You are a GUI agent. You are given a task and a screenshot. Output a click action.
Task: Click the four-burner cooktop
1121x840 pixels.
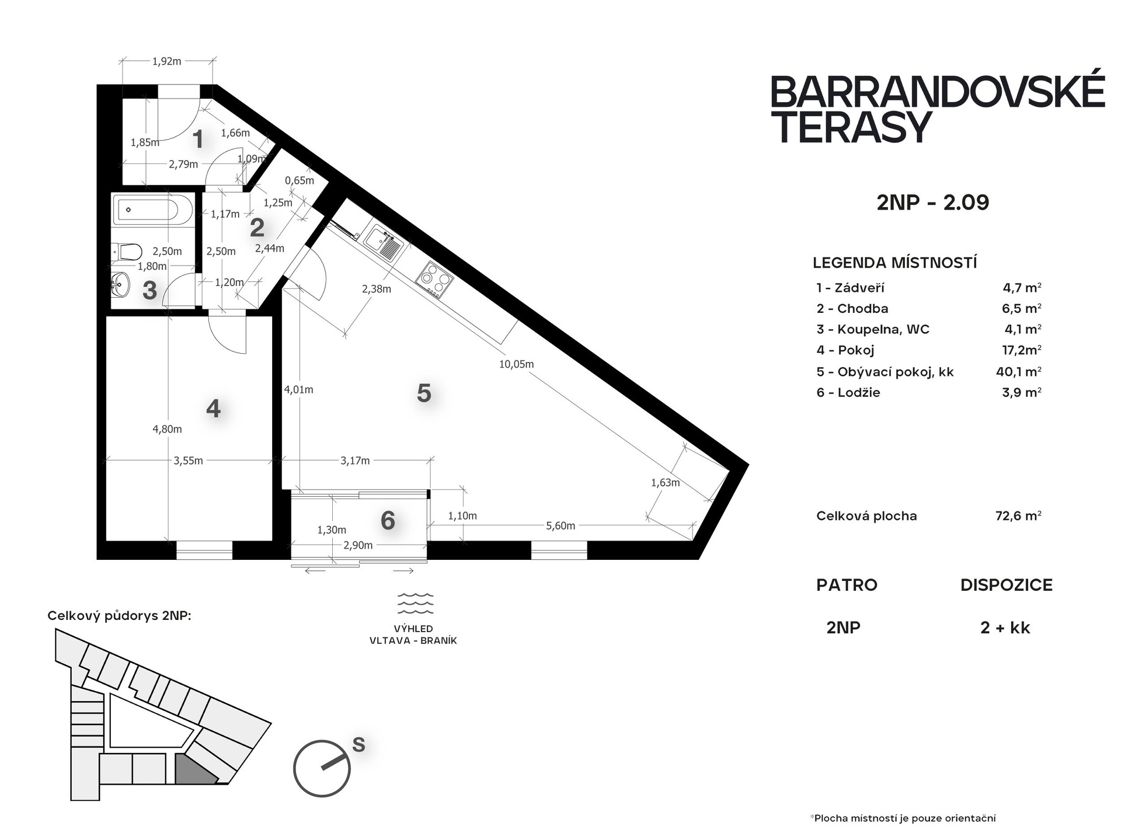click(x=434, y=280)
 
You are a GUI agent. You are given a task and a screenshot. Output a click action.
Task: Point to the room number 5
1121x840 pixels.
click(x=424, y=393)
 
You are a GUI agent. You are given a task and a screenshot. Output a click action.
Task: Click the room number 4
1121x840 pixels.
click(x=213, y=409)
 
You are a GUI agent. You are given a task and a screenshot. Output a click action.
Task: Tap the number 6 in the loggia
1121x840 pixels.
click(x=388, y=520)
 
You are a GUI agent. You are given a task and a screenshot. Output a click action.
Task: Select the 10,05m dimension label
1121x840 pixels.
click(x=516, y=364)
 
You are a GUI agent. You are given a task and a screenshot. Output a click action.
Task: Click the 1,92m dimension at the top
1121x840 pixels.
click(x=166, y=61)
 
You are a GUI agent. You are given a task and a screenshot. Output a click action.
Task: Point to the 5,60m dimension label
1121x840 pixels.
click(x=560, y=526)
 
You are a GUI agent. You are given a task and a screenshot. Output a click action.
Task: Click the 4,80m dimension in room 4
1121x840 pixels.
click(x=167, y=429)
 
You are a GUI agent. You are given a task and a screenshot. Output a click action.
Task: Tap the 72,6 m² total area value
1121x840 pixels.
click(x=1018, y=515)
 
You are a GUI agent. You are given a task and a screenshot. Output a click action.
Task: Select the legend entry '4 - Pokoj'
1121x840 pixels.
click(x=845, y=350)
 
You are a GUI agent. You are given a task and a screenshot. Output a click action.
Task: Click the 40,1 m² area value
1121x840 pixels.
click(x=1019, y=371)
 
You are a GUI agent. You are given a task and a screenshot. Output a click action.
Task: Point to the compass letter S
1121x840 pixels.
click(x=358, y=745)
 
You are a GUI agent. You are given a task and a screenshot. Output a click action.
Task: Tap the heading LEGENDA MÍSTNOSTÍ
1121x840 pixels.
click(x=894, y=263)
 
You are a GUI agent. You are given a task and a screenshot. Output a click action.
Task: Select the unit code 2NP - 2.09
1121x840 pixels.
click(x=933, y=203)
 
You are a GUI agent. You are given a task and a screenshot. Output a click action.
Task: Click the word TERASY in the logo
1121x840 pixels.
click(x=851, y=128)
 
